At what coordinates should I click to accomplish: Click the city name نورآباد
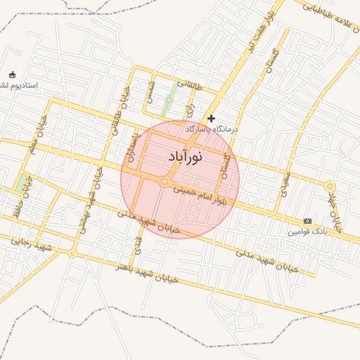[186, 157]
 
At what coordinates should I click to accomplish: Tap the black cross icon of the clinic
[211, 119]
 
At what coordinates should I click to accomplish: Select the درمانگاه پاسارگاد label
[212, 130]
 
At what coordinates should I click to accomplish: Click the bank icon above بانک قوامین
[307, 221]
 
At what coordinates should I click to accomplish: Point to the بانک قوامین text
[307, 231]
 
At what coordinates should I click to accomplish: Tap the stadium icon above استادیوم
[12, 75]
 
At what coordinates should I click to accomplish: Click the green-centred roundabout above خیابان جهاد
[330, 186]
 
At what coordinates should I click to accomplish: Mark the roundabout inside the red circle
[164, 183]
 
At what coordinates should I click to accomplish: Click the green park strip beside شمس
[169, 99]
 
